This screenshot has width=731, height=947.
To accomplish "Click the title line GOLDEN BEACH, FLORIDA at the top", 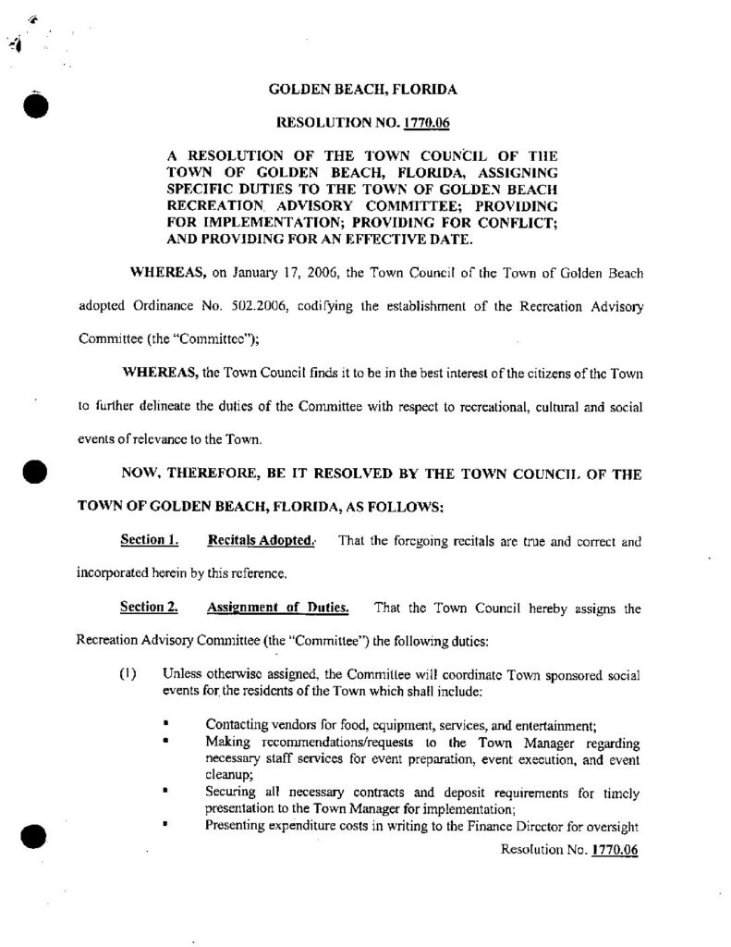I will point(361,91).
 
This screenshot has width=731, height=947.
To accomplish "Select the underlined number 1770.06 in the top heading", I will point(428,121).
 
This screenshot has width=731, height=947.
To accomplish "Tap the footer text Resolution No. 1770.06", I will point(570,849).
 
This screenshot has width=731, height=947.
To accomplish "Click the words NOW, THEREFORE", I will point(175,473).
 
